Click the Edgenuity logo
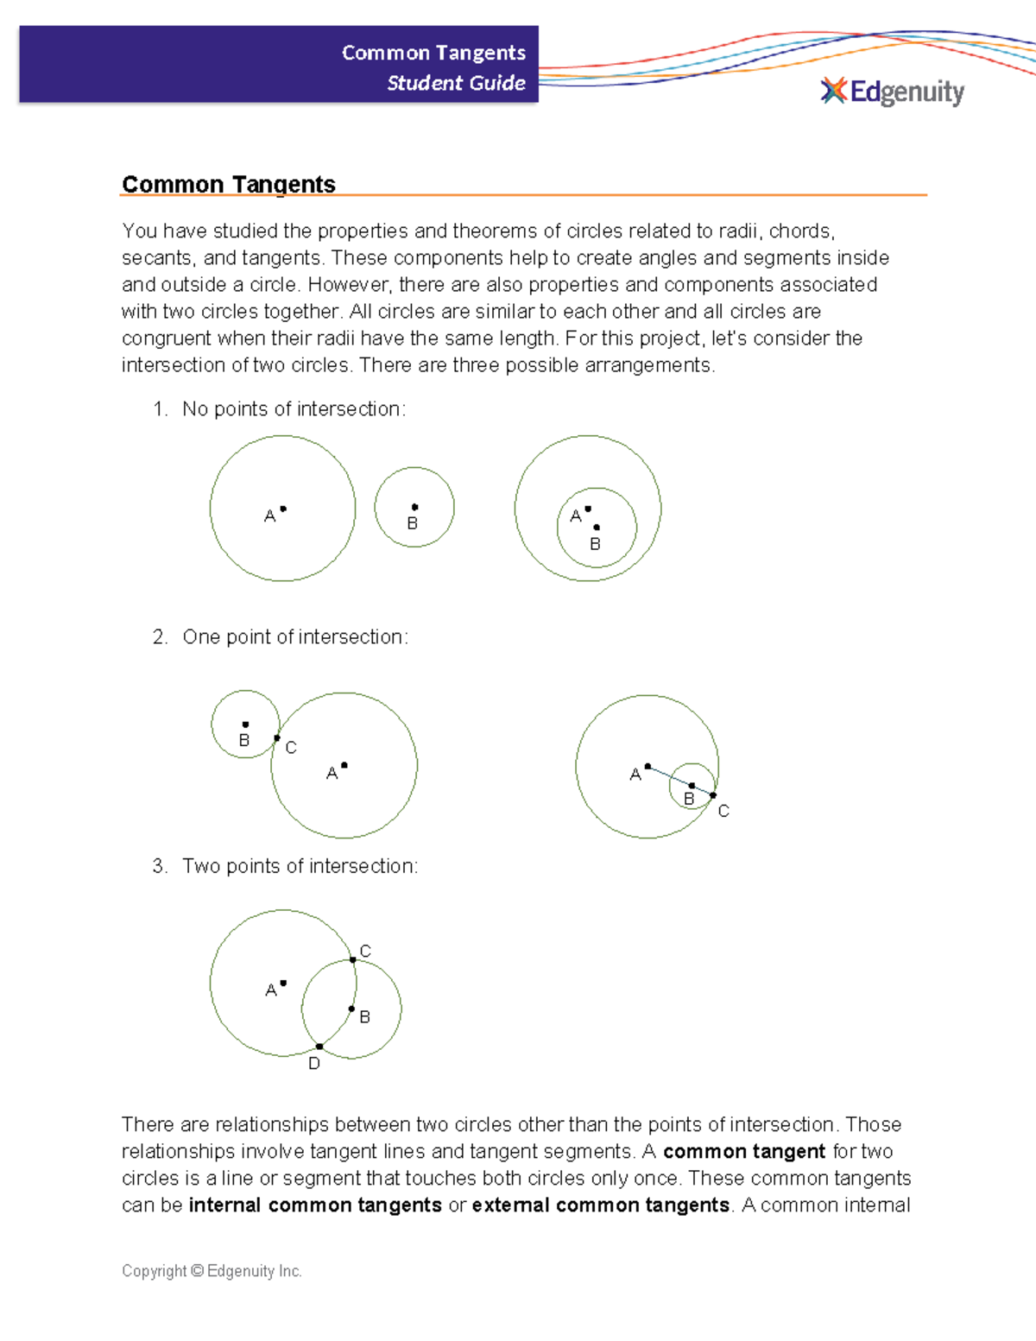pyautogui.click(x=892, y=92)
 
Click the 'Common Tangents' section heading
pyautogui.click(x=229, y=184)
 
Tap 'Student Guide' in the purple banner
pyautogui.click(x=456, y=83)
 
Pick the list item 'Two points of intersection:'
pyautogui.click(x=300, y=866)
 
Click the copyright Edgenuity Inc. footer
pyautogui.click(x=212, y=1271)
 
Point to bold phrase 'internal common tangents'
pyautogui.click(x=315, y=1205)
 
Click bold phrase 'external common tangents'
pyautogui.click(x=601, y=1205)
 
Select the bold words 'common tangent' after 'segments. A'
pyautogui.click(x=744, y=1152)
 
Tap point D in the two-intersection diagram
pyautogui.click(x=319, y=1047)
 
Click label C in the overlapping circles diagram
pyautogui.click(x=365, y=951)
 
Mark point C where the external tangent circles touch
pyautogui.click(x=276, y=738)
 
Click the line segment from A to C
pyautogui.click(x=679, y=781)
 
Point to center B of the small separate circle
pyautogui.click(x=415, y=507)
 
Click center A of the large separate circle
pyautogui.click(x=283, y=509)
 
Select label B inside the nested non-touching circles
pyautogui.click(x=595, y=544)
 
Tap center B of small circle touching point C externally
pyautogui.click(x=245, y=724)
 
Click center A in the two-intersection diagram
pyautogui.click(x=283, y=983)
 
